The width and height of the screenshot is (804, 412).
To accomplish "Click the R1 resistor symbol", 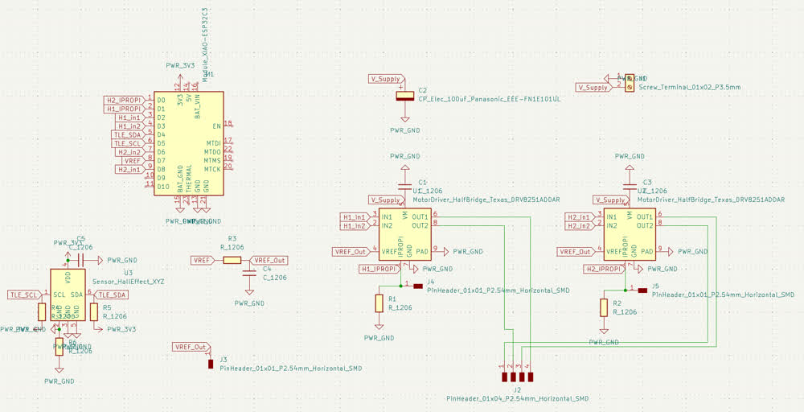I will coord(379,303).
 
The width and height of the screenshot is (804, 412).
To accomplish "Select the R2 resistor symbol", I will coord(604,308).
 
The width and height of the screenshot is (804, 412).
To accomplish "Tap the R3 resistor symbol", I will coord(232,260).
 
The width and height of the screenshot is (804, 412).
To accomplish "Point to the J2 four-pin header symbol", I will coord(518,376).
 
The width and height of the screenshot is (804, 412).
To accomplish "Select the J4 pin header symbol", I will coord(418,286).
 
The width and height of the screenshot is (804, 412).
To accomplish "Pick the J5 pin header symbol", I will coord(642,290).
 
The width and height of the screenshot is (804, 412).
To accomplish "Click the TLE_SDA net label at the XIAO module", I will coord(128,134).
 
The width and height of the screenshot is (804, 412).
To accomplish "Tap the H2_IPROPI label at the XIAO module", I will coord(125,100).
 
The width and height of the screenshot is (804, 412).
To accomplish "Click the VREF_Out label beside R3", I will coord(269,260).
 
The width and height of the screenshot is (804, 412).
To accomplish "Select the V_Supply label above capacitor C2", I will coord(386,79).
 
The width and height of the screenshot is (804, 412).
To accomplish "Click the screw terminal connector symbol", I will coord(630,83).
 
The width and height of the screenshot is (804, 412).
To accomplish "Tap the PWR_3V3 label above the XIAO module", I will coord(180,65).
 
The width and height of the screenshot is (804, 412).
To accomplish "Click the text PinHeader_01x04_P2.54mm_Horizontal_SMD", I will coord(518,398).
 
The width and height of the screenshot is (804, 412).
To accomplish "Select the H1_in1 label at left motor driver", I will coord(355,217).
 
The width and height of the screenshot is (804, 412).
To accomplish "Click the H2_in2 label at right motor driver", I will coord(579,226).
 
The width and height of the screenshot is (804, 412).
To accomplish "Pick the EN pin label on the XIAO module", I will coord(217,126).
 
